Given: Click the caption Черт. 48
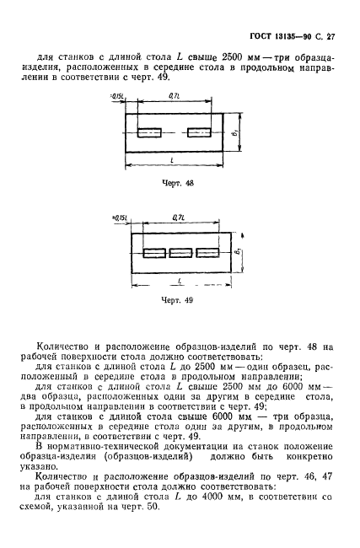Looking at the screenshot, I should (x=178, y=181).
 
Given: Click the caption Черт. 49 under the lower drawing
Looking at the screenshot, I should (x=178, y=298).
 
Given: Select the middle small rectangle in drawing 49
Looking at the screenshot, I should (x=180, y=251).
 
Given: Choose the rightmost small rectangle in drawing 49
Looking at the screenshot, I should (x=207, y=251).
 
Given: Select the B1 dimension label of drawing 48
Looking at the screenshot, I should (x=237, y=132).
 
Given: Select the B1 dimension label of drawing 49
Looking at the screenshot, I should (x=238, y=251).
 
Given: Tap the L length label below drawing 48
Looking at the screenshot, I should (x=171, y=159).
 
